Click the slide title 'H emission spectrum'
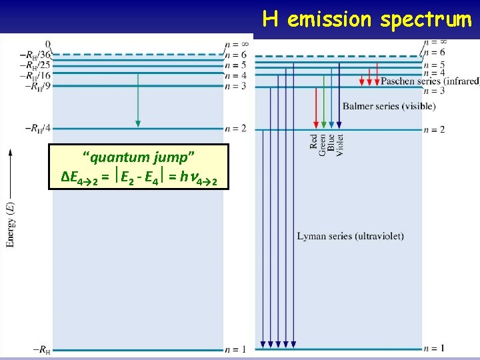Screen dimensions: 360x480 (x=367, y=19)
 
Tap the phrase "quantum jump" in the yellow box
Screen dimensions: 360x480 (x=139, y=157)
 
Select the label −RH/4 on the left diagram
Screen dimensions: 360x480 (x=37, y=127)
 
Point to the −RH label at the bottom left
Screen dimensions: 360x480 (x=39, y=349)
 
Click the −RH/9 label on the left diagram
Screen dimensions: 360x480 (x=37, y=86)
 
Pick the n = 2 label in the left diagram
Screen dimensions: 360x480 (x=235, y=127)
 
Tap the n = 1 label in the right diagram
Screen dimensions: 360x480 (x=434, y=349)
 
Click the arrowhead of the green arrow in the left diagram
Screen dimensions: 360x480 (x=138, y=123)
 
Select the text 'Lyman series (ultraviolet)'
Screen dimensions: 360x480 (x=350, y=237)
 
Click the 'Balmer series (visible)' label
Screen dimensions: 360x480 (x=389, y=106)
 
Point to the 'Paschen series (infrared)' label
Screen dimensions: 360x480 (x=430, y=81)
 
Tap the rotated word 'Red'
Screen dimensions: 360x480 (x=314, y=141)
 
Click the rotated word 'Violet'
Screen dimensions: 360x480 (x=340, y=145)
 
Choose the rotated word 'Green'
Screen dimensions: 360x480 (x=323, y=144)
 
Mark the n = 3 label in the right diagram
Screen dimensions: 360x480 (x=433, y=91)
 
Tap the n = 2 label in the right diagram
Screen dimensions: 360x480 (x=434, y=129)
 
